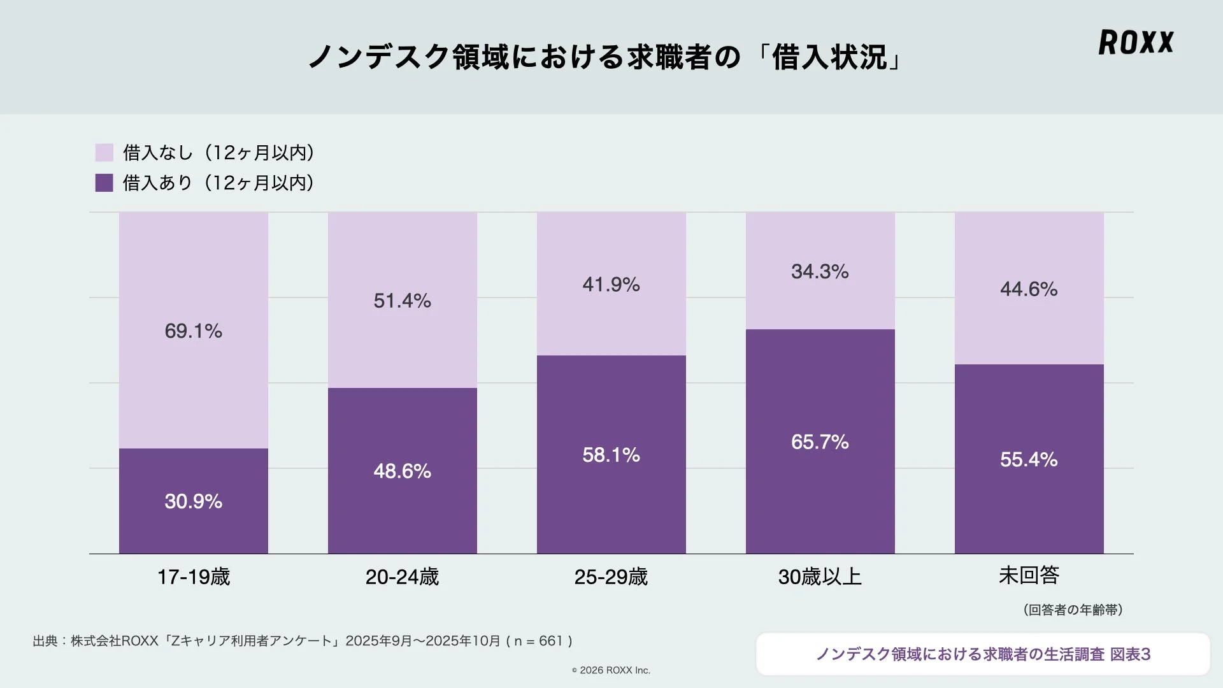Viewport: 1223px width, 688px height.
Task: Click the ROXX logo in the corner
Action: coord(1136,42)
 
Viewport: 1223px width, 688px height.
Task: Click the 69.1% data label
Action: coord(193,331)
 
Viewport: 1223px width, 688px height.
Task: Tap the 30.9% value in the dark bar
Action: coord(193,501)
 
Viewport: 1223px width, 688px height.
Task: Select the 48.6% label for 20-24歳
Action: coord(402,471)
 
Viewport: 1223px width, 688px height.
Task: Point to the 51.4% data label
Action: coord(402,301)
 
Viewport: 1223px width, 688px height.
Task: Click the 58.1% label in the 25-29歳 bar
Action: coord(611,455)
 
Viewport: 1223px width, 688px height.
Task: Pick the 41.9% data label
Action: coord(611,284)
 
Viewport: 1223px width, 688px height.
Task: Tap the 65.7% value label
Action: coord(820,442)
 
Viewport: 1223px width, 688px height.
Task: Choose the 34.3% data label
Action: coord(820,271)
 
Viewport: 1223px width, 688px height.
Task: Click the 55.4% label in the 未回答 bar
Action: coord(1029,459)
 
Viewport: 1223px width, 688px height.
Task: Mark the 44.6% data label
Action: coord(1029,289)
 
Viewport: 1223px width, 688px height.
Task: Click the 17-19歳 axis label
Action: coord(193,577)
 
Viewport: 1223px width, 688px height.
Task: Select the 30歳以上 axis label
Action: coord(820,577)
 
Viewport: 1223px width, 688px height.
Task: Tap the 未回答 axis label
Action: coord(1029,575)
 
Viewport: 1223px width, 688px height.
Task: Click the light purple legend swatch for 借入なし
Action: coord(104,152)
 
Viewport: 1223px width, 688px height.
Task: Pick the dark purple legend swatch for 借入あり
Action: coord(104,183)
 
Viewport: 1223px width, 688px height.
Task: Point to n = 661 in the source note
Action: coord(539,641)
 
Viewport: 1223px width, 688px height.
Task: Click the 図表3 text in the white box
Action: coord(1130,654)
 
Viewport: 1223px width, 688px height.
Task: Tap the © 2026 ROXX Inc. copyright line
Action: coord(611,670)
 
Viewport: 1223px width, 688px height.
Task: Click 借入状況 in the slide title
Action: coord(829,57)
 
